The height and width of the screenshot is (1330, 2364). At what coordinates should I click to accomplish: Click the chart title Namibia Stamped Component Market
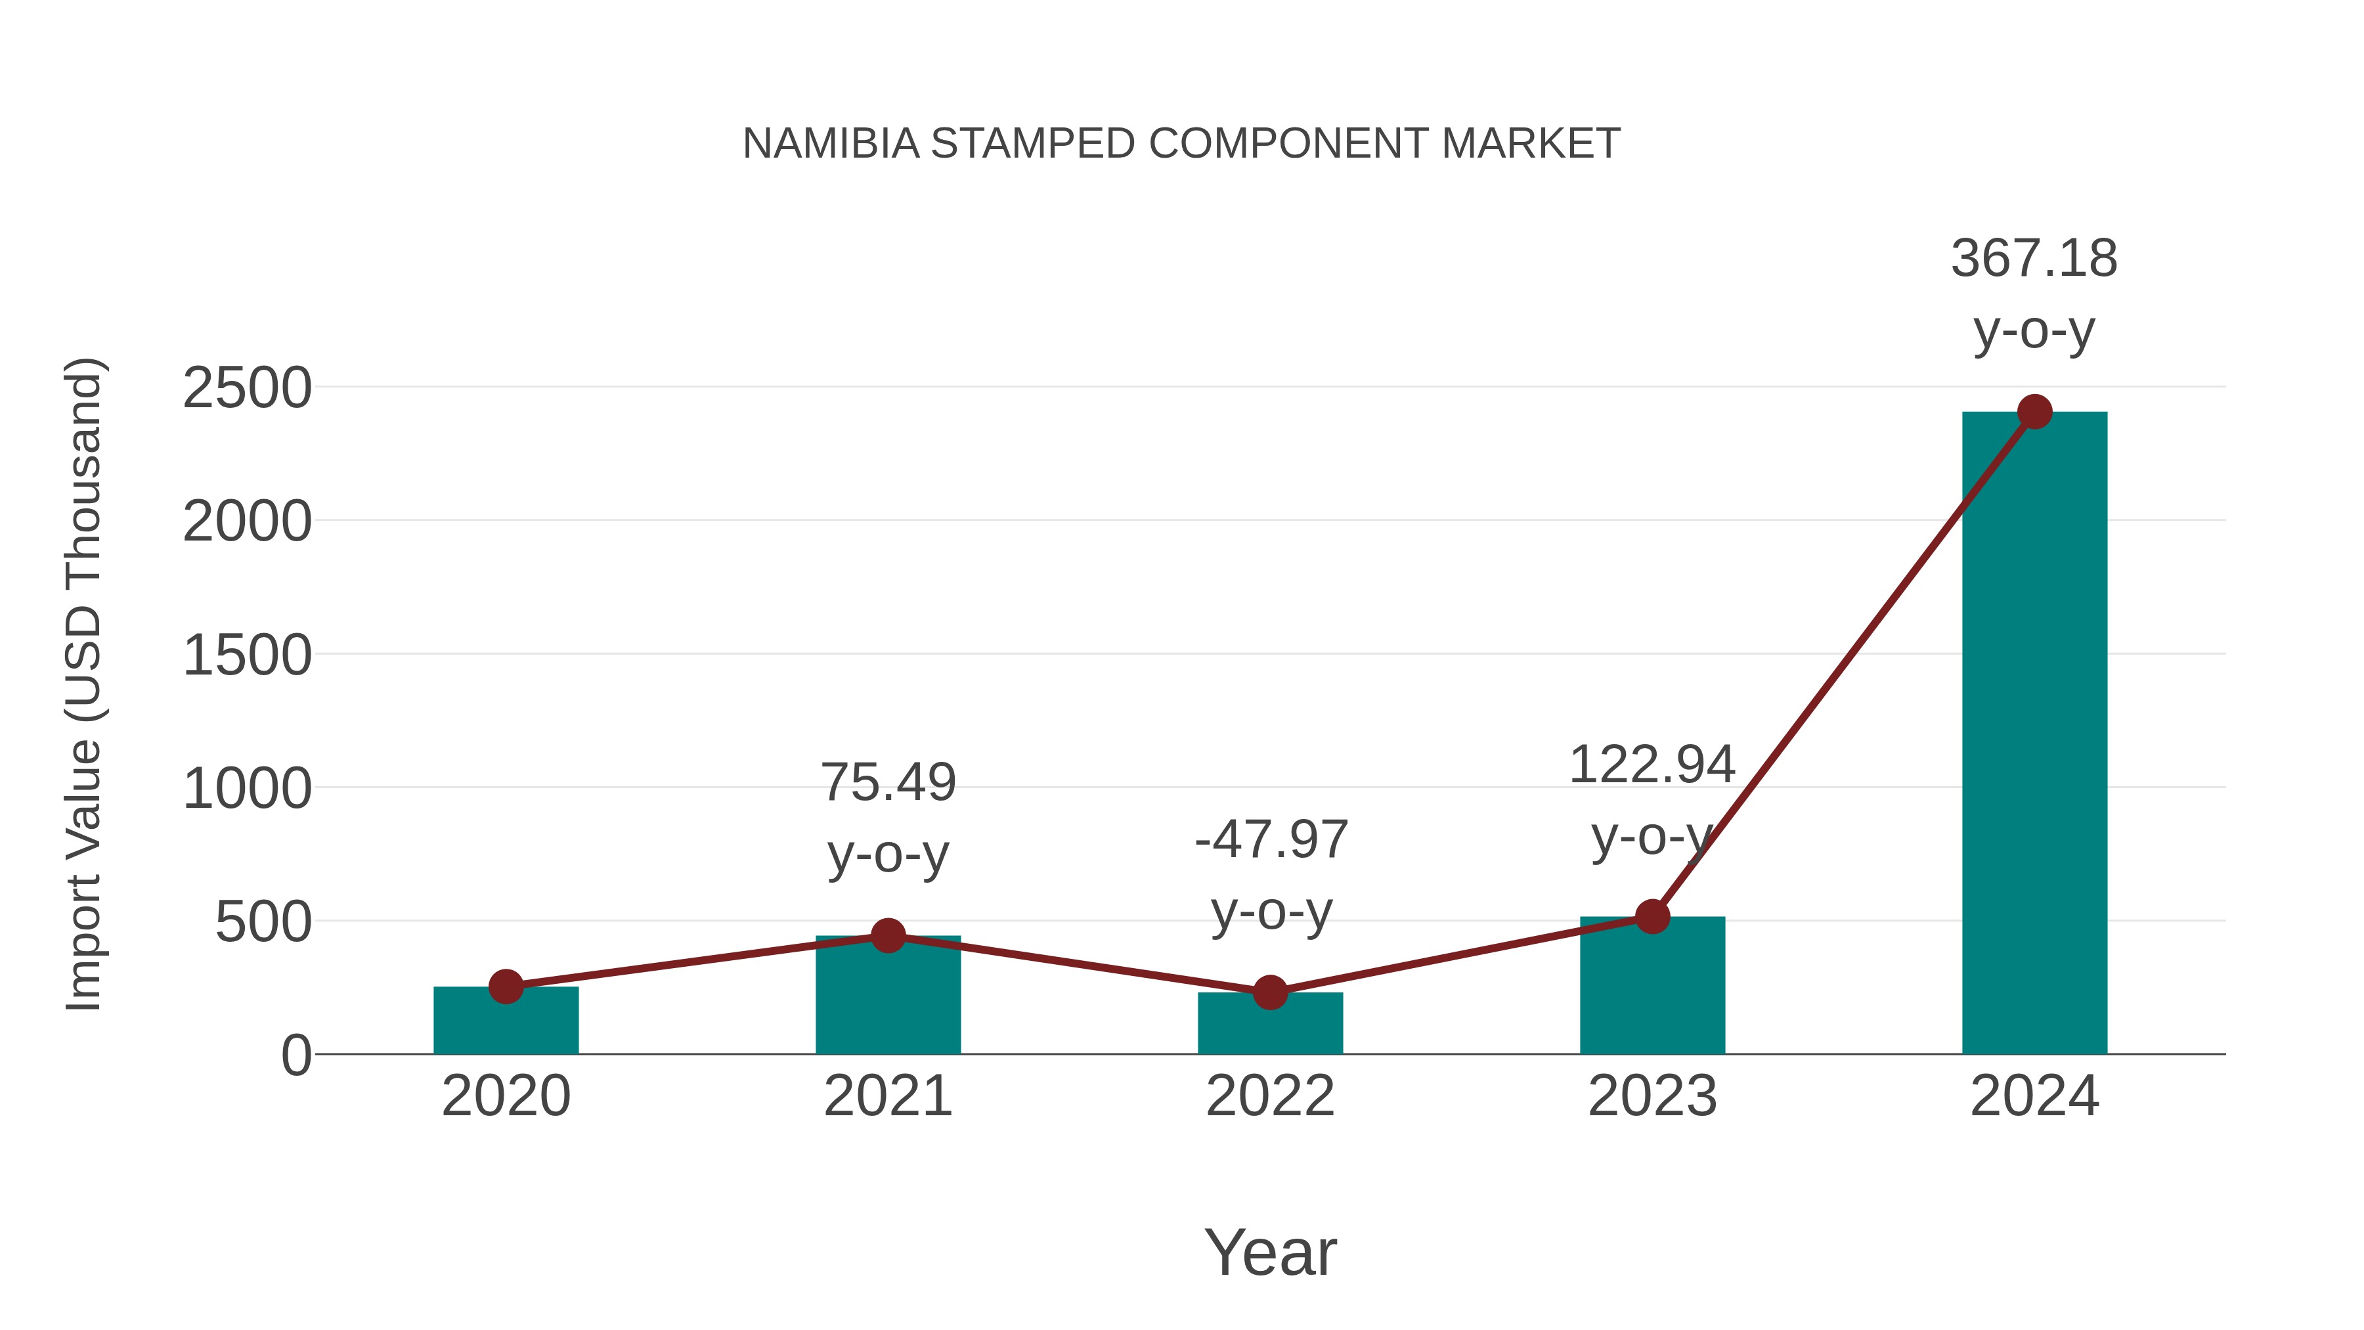click(x=1181, y=144)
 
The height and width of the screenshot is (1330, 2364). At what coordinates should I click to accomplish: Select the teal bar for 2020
click(x=506, y=1023)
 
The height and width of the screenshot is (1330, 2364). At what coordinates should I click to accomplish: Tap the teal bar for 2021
click(x=887, y=1000)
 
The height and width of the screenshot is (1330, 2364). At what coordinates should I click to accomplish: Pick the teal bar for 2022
click(x=1269, y=1025)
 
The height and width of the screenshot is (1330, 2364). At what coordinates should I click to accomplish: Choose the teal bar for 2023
click(x=1652, y=986)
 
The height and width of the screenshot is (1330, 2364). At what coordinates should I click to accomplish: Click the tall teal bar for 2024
click(x=2034, y=734)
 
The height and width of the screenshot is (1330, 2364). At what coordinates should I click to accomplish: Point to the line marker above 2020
click(x=506, y=986)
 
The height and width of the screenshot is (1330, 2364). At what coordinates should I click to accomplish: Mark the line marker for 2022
click(x=1269, y=992)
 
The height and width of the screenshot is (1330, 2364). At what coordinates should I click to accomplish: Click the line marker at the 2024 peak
click(x=2034, y=412)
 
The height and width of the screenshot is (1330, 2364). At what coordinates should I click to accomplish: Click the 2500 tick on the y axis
click(x=247, y=388)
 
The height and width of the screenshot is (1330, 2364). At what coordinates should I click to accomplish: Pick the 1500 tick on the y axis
click(x=247, y=656)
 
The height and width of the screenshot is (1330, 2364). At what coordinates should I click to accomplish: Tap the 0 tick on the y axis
click(x=295, y=1055)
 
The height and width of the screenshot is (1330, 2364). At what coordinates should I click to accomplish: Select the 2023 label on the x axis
click(x=1652, y=1096)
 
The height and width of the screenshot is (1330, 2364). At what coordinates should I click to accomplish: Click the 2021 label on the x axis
click(x=887, y=1096)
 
